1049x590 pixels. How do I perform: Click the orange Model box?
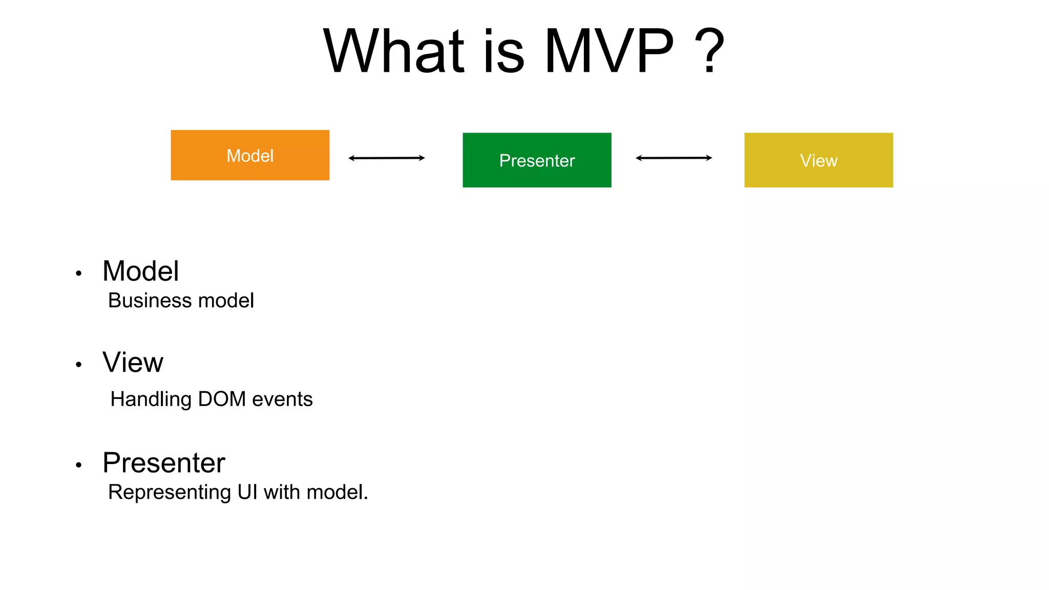[x=250, y=155]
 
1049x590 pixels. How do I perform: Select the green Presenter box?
[x=537, y=160]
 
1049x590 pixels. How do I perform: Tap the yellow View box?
[x=819, y=160]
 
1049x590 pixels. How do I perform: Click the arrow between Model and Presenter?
[x=387, y=158]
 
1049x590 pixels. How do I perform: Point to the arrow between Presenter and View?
[x=674, y=158]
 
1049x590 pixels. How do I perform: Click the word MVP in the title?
[x=609, y=52]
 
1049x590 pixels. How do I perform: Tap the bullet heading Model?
[x=141, y=271]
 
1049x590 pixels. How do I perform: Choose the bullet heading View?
[x=133, y=363]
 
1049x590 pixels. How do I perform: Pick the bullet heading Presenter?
[x=164, y=463]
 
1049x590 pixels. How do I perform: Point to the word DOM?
[x=222, y=399]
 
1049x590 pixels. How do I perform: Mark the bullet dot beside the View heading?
[x=78, y=365]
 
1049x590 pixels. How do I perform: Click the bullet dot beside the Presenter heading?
[x=78, y=465]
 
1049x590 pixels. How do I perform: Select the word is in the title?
[x=503, y=52]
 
